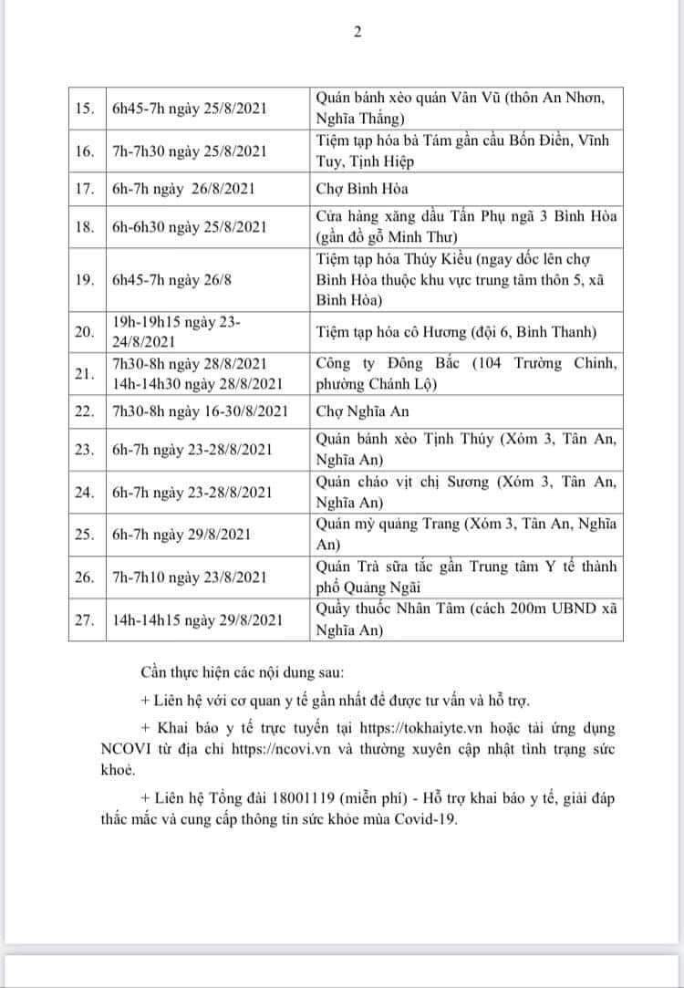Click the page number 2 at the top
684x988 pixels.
pos(358,32)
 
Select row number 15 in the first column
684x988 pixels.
pos(84,109)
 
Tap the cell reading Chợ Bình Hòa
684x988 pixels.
pos(349,189)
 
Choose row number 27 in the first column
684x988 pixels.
pos(84,619)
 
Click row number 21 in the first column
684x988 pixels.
pos(84,374)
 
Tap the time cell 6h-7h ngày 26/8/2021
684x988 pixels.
pos(181,189)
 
